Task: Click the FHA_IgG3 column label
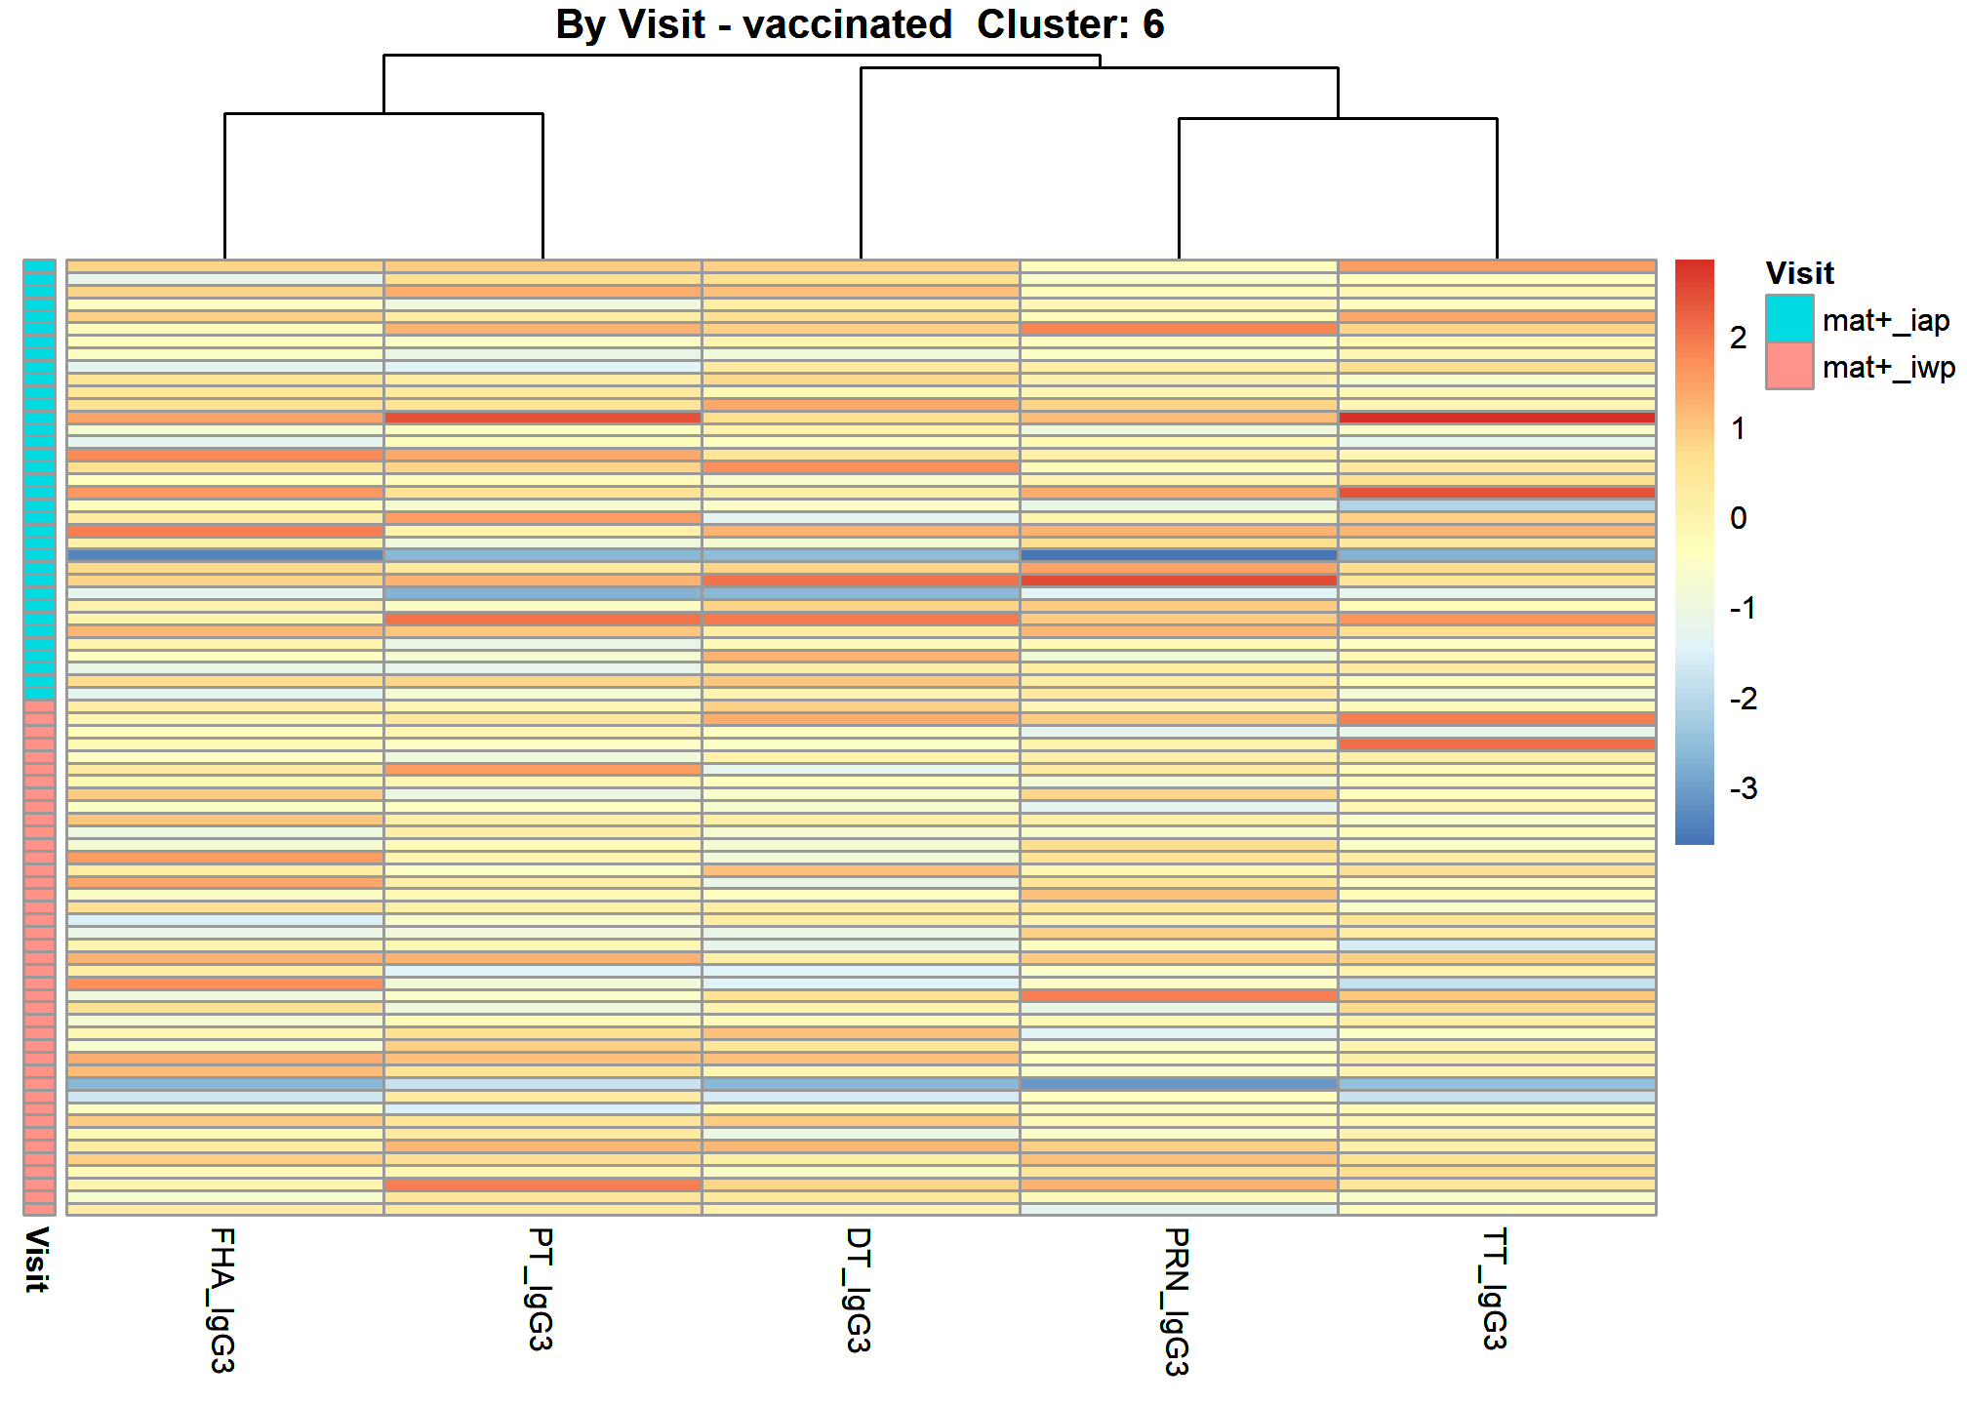tap(223, 1300)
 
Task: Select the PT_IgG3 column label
tap(542, 1289)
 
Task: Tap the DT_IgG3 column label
tap(860, 1290)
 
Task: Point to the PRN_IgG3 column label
tap(1178, 1302)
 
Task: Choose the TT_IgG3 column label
tap(1496, 1289)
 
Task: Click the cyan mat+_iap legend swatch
tap(1789, 319)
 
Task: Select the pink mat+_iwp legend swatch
tap(1789, 366)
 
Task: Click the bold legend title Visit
tap(1799, 273)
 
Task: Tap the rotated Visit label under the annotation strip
tap(37, 1261)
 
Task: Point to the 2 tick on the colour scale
tap(1739, 338)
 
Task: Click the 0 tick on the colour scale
tap(1739, 518)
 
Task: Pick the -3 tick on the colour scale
tap(1744, 788)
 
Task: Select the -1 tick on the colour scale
tap(1744, 608)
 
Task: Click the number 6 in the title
tap(1153, 24)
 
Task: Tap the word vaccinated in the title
tap(847, 24)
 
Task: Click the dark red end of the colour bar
tap(1695, 267)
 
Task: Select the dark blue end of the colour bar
tap(1695, 835)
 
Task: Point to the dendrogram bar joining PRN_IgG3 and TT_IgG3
tap(1338, 119)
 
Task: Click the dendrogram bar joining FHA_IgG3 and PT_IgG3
tap(383, 114)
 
